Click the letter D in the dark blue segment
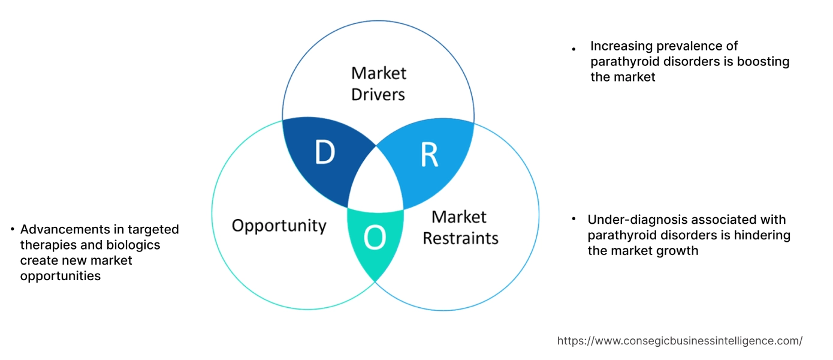[324, 153]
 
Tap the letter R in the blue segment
[429, 154]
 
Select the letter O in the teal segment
[375, 238]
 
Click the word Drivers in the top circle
[378, 94]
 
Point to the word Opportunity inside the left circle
[279, 226]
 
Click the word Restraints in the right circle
[460, 238]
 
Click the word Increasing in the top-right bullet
[619, 46]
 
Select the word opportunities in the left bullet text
[60, 276]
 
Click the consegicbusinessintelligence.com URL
[680, 341]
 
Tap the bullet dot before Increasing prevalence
[574, 49]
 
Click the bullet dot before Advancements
[13, 230]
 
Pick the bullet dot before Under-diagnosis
[574, 220]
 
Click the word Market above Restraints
[459, 217]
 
